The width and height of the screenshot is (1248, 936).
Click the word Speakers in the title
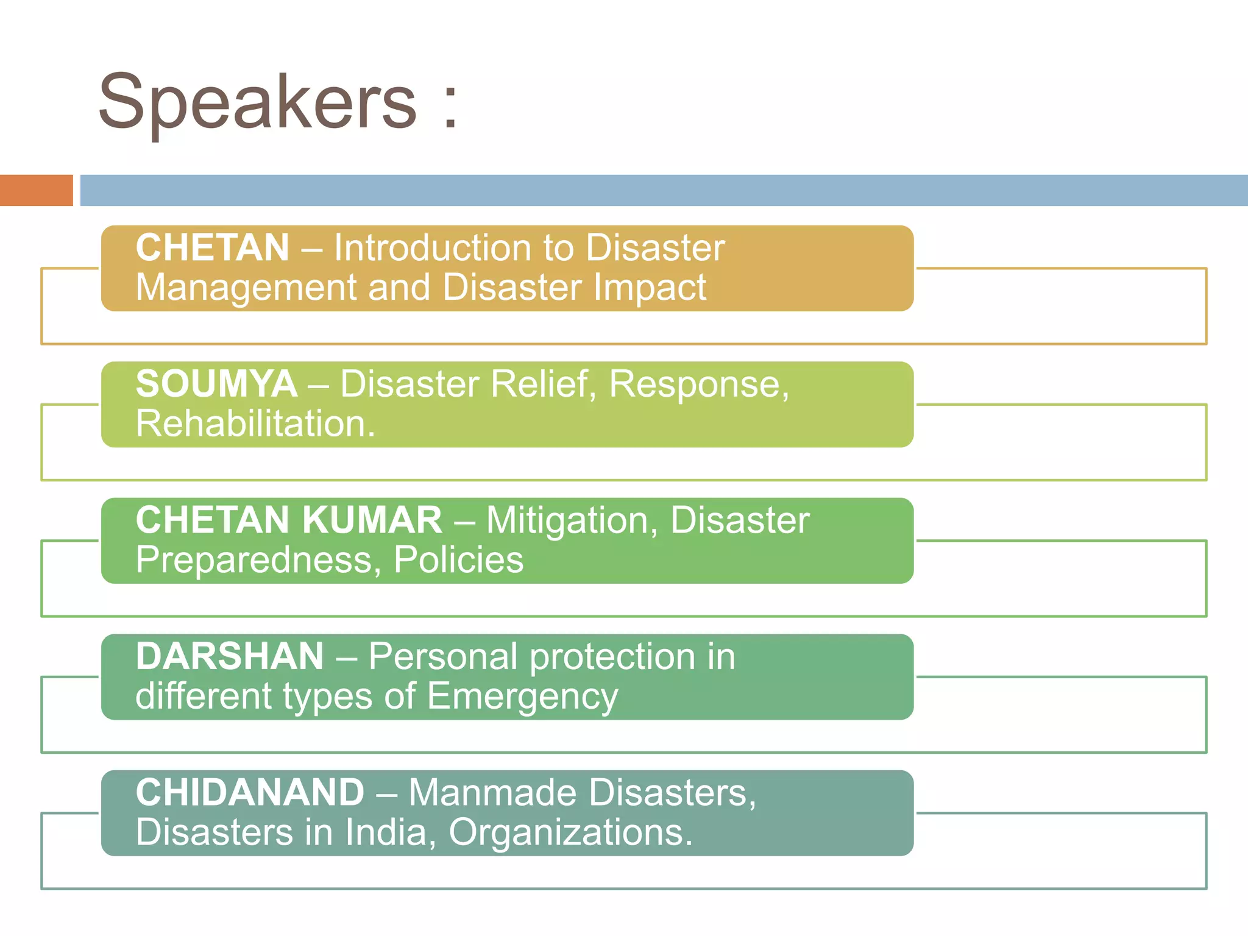257,102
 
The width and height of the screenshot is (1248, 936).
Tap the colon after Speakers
450,107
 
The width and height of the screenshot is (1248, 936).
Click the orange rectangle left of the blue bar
36,190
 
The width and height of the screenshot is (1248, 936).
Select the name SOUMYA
216,385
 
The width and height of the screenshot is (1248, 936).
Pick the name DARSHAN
230,657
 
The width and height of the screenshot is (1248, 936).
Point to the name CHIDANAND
250,793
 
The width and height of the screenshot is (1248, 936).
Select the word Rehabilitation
255,424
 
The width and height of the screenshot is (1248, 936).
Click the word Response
698,385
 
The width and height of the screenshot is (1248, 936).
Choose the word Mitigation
572,521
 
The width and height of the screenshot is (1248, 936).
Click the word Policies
458,560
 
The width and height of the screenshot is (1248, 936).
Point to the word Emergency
522,697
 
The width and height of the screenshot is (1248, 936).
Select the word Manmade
494,793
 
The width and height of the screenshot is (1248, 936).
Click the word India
391,832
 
